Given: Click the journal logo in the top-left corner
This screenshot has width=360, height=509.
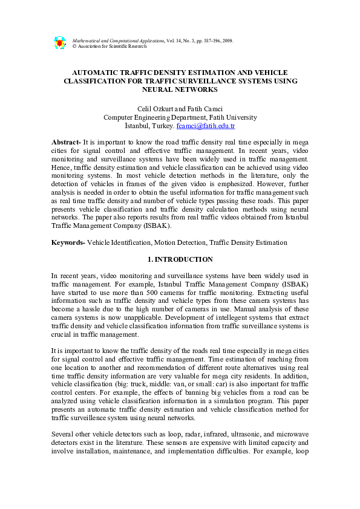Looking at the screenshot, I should pos(59,43).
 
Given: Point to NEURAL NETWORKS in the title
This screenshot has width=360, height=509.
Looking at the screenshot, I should pos(179,89).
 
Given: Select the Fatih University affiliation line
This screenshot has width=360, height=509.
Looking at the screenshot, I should pos(180,117).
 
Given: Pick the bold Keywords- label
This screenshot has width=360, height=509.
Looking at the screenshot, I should pos(68,242).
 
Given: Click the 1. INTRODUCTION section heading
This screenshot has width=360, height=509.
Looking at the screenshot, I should pos(180,259).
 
